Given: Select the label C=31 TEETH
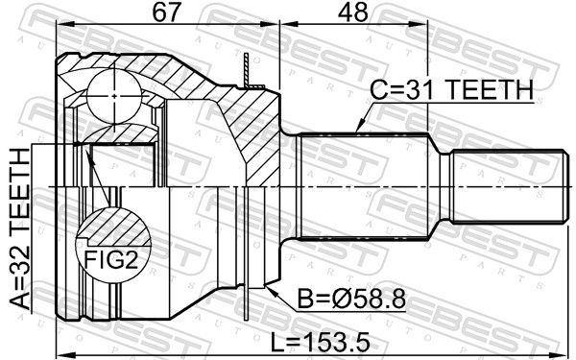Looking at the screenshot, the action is tap(451, 89).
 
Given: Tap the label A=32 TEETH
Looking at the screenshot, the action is tap(20, 228).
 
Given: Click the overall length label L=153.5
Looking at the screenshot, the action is tap(320, 343).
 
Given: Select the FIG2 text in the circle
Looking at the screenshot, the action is tap(111, 260).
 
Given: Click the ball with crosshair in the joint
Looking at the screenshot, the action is tap(114, 96).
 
